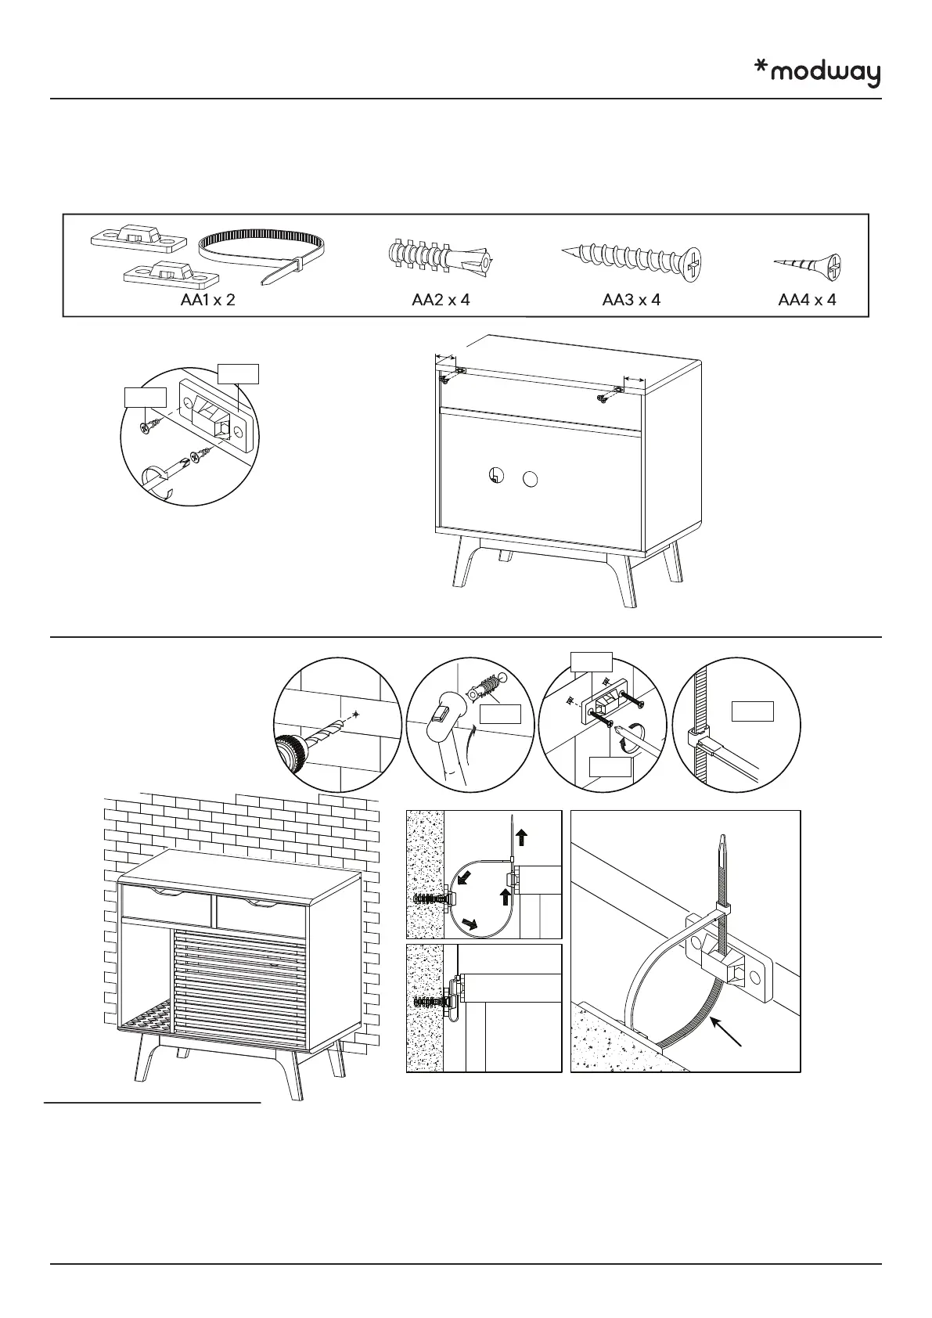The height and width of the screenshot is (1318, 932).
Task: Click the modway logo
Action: [x=817, y=73]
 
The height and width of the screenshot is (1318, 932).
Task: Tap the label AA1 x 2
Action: [x=207, y=300]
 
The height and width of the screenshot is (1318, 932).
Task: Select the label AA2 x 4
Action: [x=441, y=300]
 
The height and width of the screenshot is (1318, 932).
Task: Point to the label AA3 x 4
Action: [x=632, y=300]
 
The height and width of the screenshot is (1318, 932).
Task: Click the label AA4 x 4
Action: [x=807, y=300]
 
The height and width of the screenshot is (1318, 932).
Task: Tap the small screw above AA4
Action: [x=808, y=267]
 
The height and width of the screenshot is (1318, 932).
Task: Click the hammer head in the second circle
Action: [x=442, y=715]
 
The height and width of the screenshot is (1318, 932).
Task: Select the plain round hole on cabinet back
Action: [x=530, y=479]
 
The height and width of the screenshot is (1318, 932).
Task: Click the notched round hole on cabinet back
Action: [x=495, y=475]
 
